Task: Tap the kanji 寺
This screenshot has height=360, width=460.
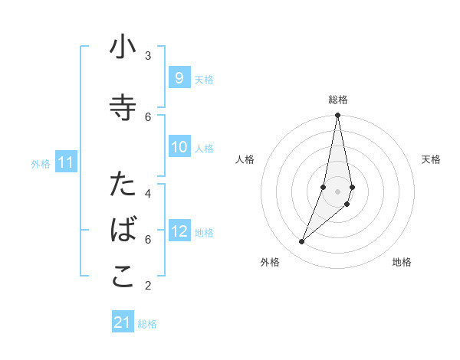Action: pos(123,108)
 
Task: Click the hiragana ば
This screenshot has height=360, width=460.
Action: pos(123,231)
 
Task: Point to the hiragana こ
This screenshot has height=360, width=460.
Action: pos(123,277)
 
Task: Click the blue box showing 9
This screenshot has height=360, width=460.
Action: pos(179,78)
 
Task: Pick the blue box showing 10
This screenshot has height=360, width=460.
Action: pos(179,147)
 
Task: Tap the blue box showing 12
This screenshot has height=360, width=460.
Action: pos(179,231)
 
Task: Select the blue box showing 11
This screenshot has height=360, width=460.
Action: pos(65,162)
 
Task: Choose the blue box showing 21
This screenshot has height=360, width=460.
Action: pos(123,322)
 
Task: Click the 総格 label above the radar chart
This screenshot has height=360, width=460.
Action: pos(338,100)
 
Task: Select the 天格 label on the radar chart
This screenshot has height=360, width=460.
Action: pos(432,159)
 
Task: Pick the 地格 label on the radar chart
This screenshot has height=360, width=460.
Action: pos(402,263)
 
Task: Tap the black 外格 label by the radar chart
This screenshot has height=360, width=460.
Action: pos(270,263)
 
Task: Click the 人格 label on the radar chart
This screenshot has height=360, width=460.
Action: pos(245,159)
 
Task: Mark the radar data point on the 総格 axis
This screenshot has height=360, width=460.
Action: pos(337,116)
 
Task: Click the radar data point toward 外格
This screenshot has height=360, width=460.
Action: pos(301,242)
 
